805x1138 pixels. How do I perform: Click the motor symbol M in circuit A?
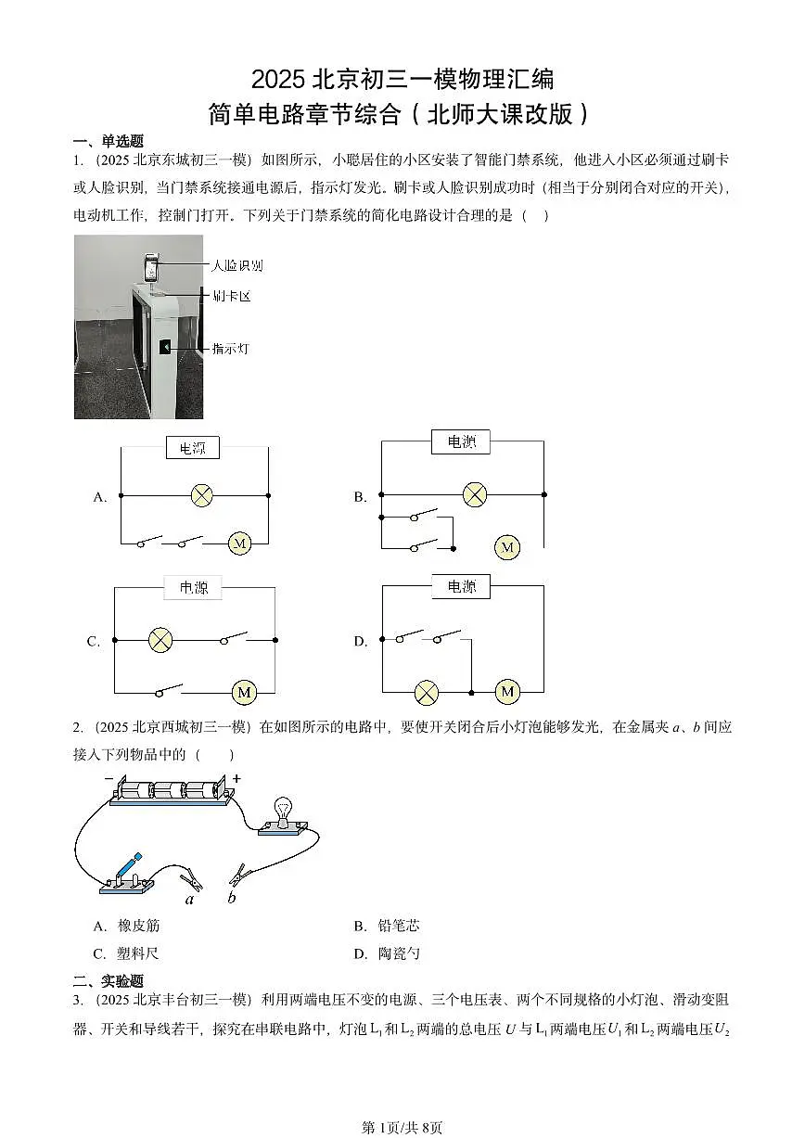[x=239, y=543]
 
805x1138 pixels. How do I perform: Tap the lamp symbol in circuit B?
[x=474, y=494]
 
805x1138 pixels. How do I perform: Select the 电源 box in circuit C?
[x=194, y=587]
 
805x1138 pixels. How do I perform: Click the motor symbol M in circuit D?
[x=506, y=692]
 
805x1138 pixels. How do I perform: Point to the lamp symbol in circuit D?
[x=426, y=692]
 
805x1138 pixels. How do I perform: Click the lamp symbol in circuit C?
[x=160, y=639]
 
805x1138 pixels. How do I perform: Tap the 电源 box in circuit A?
[x=193, y=448]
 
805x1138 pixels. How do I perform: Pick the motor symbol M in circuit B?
[x=506, y=548]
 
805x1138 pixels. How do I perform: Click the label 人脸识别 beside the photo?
[x=236, y=265]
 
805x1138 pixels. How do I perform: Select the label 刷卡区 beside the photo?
[x=231, y=297]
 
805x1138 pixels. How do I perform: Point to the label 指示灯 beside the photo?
[x=230, y=349]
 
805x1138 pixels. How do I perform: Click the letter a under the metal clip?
[x=190, y=898]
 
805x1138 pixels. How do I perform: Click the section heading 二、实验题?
[x=109, y=980]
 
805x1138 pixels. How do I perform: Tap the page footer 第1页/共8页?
[x=402, y=1127]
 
